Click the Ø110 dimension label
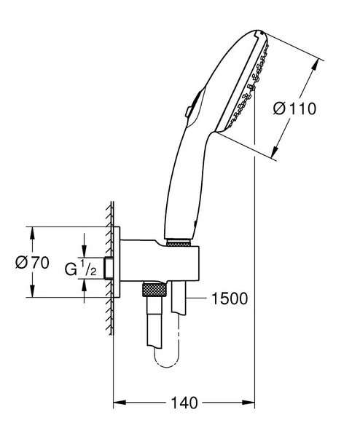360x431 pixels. [x=294, y=109]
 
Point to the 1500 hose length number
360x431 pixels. [x=228, y=298]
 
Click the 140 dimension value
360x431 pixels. [x=185, y=401]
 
